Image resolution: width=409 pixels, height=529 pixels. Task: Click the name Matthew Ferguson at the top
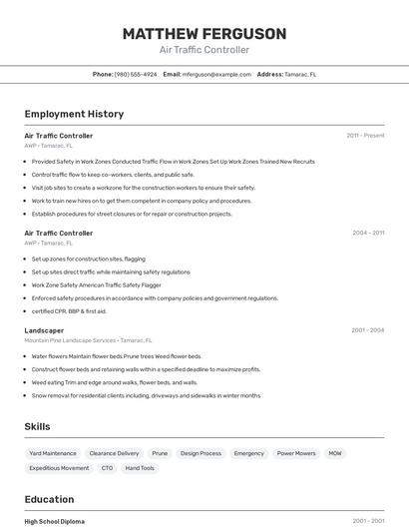click(x=204, y=34)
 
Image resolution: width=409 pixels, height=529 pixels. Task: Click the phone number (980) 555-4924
click(x=136, y=74)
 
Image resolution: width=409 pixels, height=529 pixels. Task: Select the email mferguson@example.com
click(x=216, y=74)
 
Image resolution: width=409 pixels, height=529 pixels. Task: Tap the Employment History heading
click(x=74, y=114)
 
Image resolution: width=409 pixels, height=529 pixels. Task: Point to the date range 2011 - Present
click(x=365, y=135)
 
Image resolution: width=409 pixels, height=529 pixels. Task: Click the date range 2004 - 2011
click(x=368, y=233)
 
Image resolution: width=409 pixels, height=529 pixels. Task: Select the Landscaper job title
click(x=44, y=330)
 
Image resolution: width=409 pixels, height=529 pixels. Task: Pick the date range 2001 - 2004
click(x=368, y=330)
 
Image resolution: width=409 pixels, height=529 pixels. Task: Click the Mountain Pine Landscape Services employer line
click(x=88, y=340)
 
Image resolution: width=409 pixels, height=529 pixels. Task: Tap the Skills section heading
click(x=37, y=426)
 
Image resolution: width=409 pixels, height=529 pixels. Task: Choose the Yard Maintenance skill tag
click(x=53, y=453)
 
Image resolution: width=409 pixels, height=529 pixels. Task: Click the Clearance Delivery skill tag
click(x=114, y=453)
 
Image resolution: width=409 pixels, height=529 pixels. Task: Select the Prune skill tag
click(x=160, y=453)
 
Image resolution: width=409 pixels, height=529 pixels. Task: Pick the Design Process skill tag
click(x=201, y=453)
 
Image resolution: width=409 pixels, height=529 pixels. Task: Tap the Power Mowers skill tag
click(x=296, y=453)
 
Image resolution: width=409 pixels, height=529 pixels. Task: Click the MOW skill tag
click(x=335, y=453)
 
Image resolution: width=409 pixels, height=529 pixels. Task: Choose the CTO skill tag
click(x=107, y=468)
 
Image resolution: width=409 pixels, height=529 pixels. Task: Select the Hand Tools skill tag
click(x=140, y=468)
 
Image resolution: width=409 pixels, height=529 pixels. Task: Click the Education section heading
click(x=49, y=499)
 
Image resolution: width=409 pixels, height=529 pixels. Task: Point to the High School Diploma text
click(x=55, y=521)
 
